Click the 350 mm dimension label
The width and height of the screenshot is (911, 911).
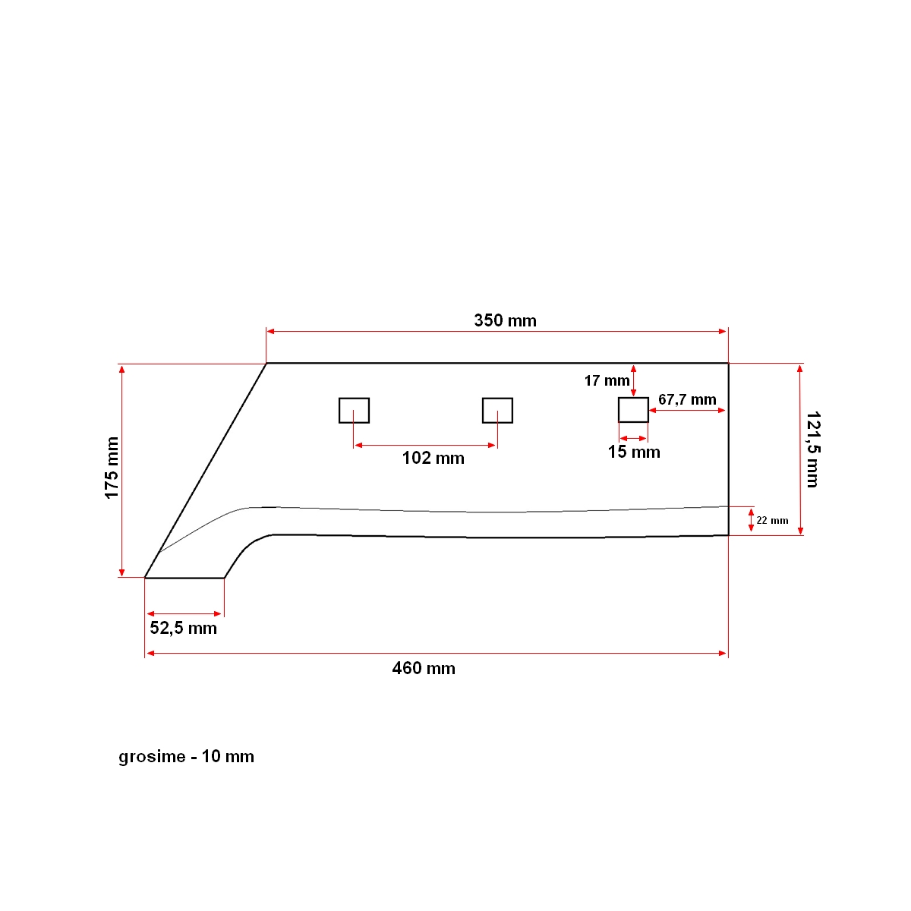[x=505, y=320]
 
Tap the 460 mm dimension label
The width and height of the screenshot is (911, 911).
[x=424, y=668]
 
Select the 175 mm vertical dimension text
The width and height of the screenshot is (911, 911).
[x=112, y=468]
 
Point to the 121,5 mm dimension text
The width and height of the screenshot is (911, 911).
[x=812, y=449]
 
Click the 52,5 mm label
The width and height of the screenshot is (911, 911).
[x=183, y=628]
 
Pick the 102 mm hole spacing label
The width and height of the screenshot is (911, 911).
[x=433, y=458]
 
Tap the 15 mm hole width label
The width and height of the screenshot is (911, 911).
[x=634, y=452]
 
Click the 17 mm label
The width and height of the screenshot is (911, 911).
[x=607, y=380]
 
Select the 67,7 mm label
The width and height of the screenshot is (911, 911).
[x=687, y=399]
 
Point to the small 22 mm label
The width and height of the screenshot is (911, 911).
[x=772, y=520]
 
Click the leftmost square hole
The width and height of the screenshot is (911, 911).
[x=354, y=410]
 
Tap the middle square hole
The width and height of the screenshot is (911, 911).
[x=497, y=410]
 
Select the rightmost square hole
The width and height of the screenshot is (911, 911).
[x=633, y=410]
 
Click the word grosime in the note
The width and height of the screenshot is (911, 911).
[x=152, y=757]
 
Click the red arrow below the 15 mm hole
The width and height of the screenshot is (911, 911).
[x=633, y=438]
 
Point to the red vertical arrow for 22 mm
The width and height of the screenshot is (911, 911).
[x=751, y=520]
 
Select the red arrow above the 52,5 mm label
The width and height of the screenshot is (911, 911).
[x=184, y=613]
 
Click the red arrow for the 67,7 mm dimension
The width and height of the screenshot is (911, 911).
[x=688, y=411]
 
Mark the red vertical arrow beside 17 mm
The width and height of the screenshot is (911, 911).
[x=634, y=380]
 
